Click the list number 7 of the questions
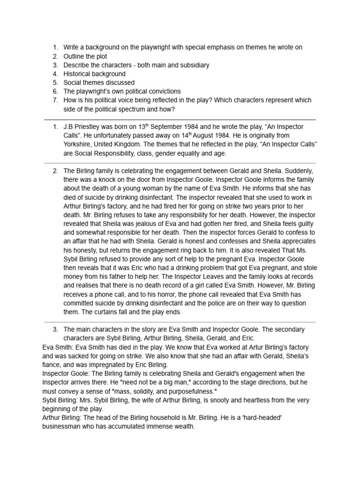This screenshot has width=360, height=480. coord(55,100)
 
